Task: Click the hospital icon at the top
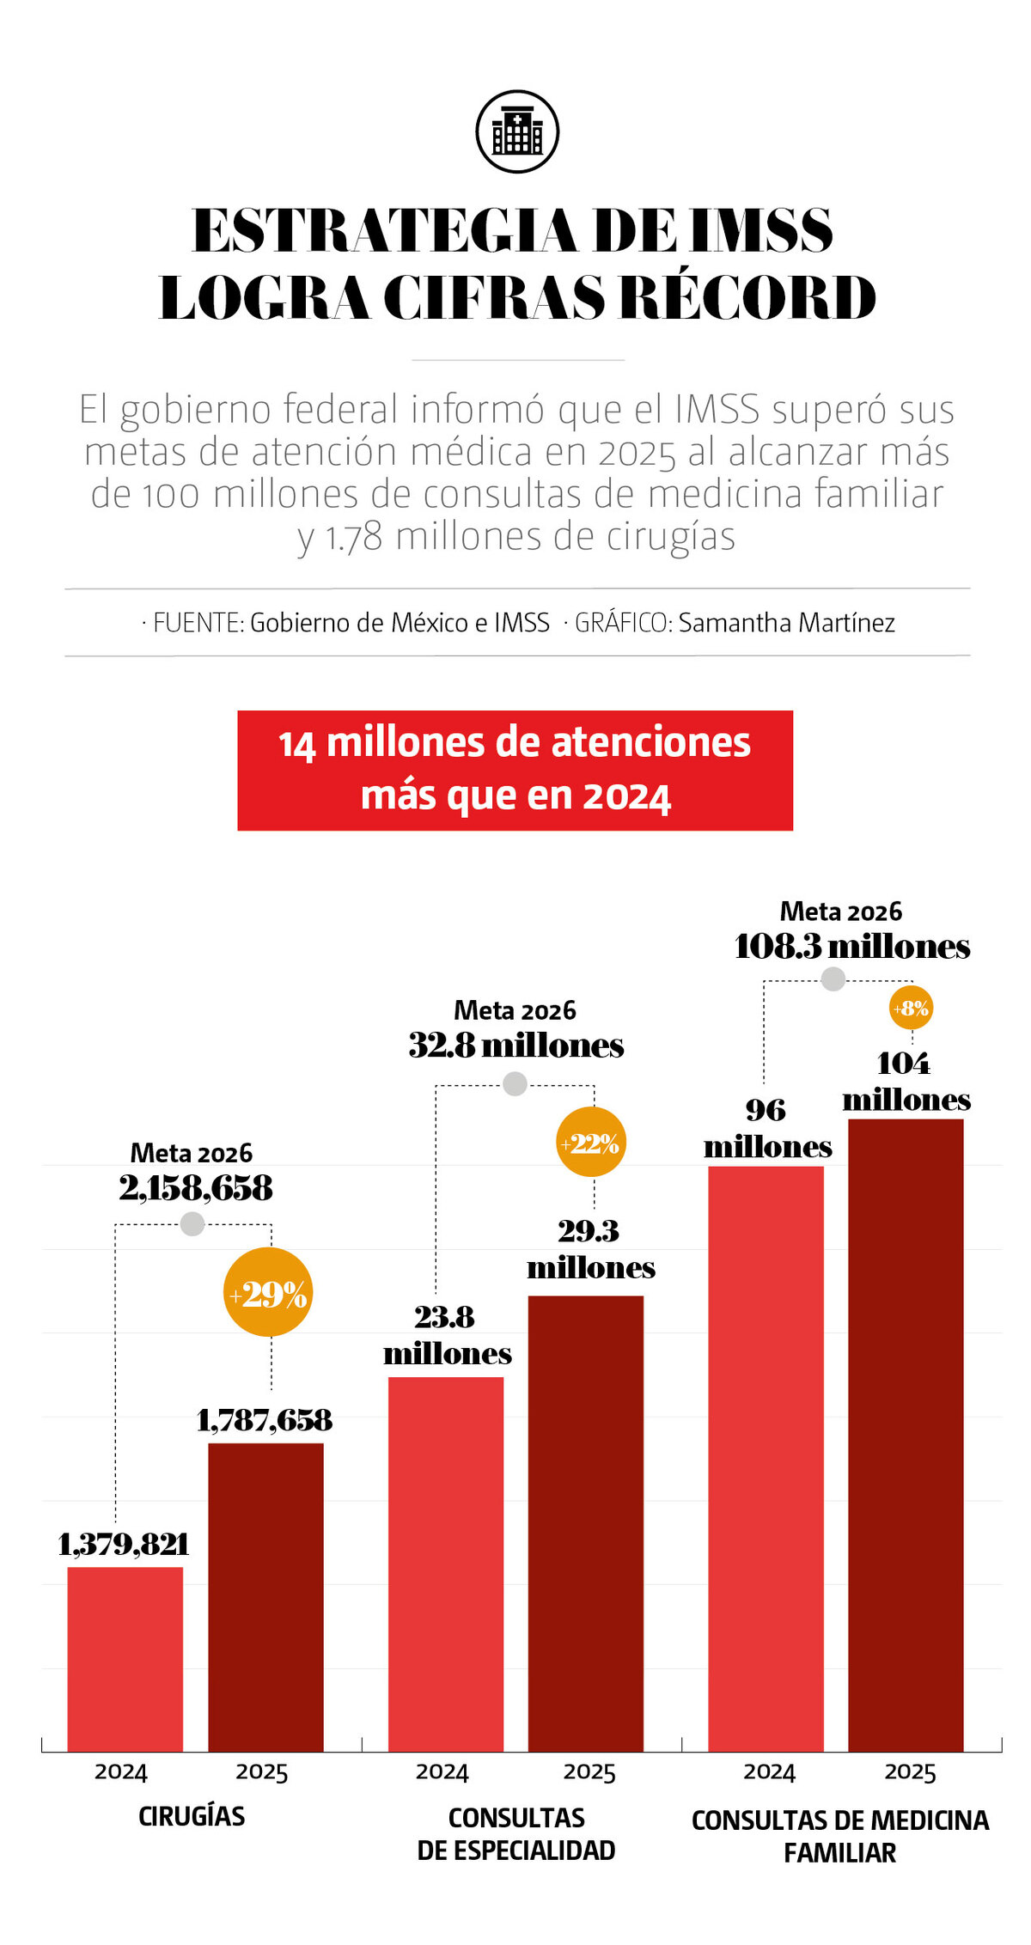pyautogui.click(x=517, y=131)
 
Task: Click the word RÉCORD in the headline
pyautogui.click(x=747, y=298)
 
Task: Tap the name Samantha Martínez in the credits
pyautogui.click(x=786, y=622)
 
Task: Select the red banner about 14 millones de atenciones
pyautogui.click(x=515, y=770)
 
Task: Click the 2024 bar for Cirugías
pyautogui.click(x=125, y=1658)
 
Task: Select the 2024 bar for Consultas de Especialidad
pyautogui.click(x=446, y=1564)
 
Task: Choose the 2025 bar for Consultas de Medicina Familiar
pyautogui.click(x=906, y=1435)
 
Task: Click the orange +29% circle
pyautogui.click(x=268, y=1292)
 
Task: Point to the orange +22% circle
pyautogui.click(x=591, y=1143)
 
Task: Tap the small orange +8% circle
pyautogui.click(x=911, y=1008)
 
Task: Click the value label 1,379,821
pyautogui.click(x=123, y=1545)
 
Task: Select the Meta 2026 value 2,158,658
pyautogui.click(x=196, y=1188)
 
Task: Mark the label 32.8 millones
pyautogui.click(x=515, y=1046)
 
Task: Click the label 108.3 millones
pyautogui.click(x=852, y=947)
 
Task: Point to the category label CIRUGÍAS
pyautogui.click(x=192, y=1816)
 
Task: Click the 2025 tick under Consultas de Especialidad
pyautogui.click(x=589, y=1772)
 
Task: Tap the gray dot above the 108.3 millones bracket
pyautogui.click(x=833, y=979)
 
